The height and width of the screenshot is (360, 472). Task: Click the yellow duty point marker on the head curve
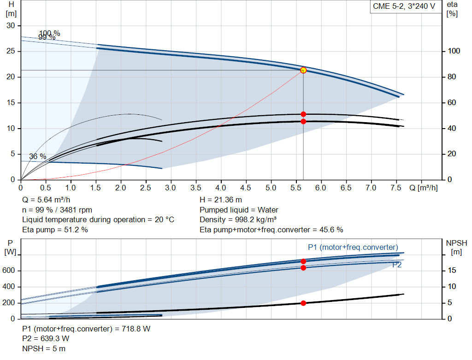pyautogui.click(x=303, y=70)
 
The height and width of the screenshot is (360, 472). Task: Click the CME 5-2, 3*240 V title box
pyautogui.click(x=404, y=7)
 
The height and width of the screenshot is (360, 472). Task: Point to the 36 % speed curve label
pyautogui.click(x=38, y=157)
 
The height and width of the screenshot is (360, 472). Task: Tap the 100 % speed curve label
pyautogui.click(x=49, y=33)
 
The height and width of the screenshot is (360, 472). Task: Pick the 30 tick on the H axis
pyautogui.click(x=11, y=25)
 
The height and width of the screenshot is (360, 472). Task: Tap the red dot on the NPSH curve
pyautogui.click(x=303, y=303)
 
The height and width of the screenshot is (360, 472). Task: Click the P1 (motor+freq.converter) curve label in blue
pyautogui.click(x=353, y=247)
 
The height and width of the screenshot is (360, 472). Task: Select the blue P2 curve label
pyautogui.click(x=397, y=265)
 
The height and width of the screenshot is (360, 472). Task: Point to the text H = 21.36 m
pyautogui.click(x=221, y=200)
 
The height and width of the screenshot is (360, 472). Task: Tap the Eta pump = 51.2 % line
pyautogui.click(x=55, y=230)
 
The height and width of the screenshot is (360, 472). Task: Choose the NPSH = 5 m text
pyautogui.click(x=44, y=348)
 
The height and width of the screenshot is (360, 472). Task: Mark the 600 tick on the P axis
pyautogui.click(x=11, y=271)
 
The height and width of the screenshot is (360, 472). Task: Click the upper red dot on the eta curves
pyautogui.click(x=303, y=114)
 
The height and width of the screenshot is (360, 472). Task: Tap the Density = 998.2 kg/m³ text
pyautogui.click(x=238, y=220)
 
